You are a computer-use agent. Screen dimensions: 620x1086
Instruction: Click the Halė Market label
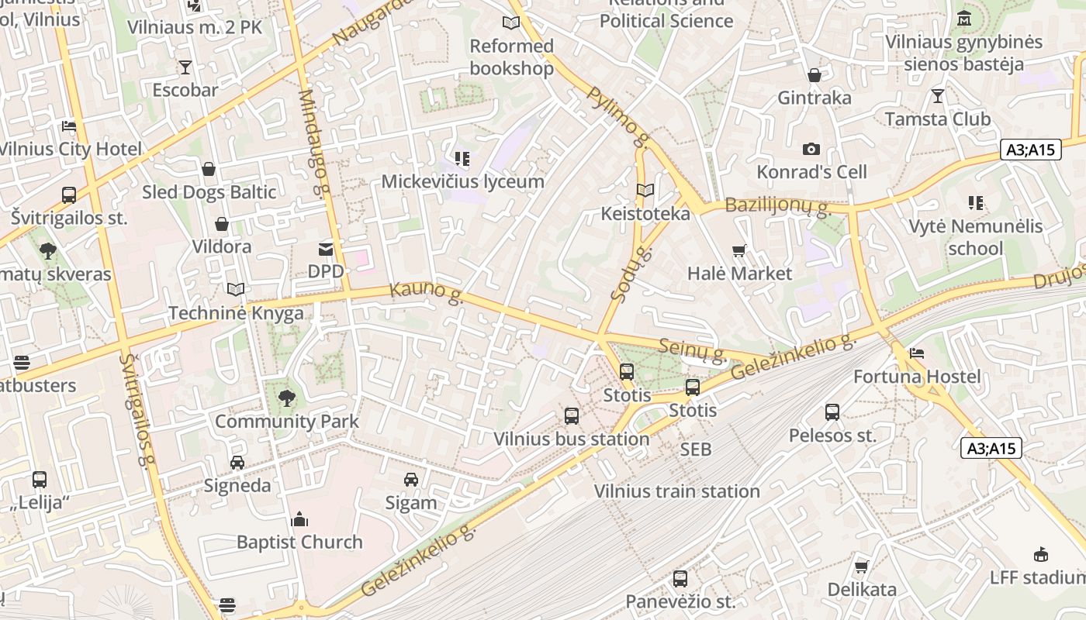[739, 274]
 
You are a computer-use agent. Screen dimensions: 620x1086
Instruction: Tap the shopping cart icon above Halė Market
[739, 250]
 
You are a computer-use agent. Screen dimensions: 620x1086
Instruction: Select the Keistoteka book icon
[645, 190]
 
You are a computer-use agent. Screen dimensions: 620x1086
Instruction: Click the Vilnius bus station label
[572, 439]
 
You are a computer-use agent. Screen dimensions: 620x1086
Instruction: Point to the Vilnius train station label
[676, 491]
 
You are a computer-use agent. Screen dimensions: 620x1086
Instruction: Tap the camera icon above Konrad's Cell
[811, 149]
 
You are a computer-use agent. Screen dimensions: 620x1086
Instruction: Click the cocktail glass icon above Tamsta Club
[938, 96]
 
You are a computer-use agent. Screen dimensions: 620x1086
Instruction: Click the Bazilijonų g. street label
[777, 206]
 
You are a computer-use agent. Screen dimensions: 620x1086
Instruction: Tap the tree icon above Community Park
[287, 398]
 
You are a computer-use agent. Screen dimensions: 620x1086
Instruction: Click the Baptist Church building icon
[299, 519]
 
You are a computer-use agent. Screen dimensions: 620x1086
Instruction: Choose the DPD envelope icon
[326, 250]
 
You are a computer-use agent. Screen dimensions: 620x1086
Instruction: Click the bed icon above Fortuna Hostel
[917, 353]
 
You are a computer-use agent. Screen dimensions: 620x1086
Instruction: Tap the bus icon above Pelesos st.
[832, 412]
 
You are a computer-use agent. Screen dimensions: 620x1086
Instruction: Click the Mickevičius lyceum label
[462, 181]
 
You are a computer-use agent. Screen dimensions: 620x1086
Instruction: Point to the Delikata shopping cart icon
[862, 567]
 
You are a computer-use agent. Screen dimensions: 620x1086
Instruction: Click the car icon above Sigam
[411, 480]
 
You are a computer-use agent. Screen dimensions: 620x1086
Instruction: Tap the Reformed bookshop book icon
[510, 23]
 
